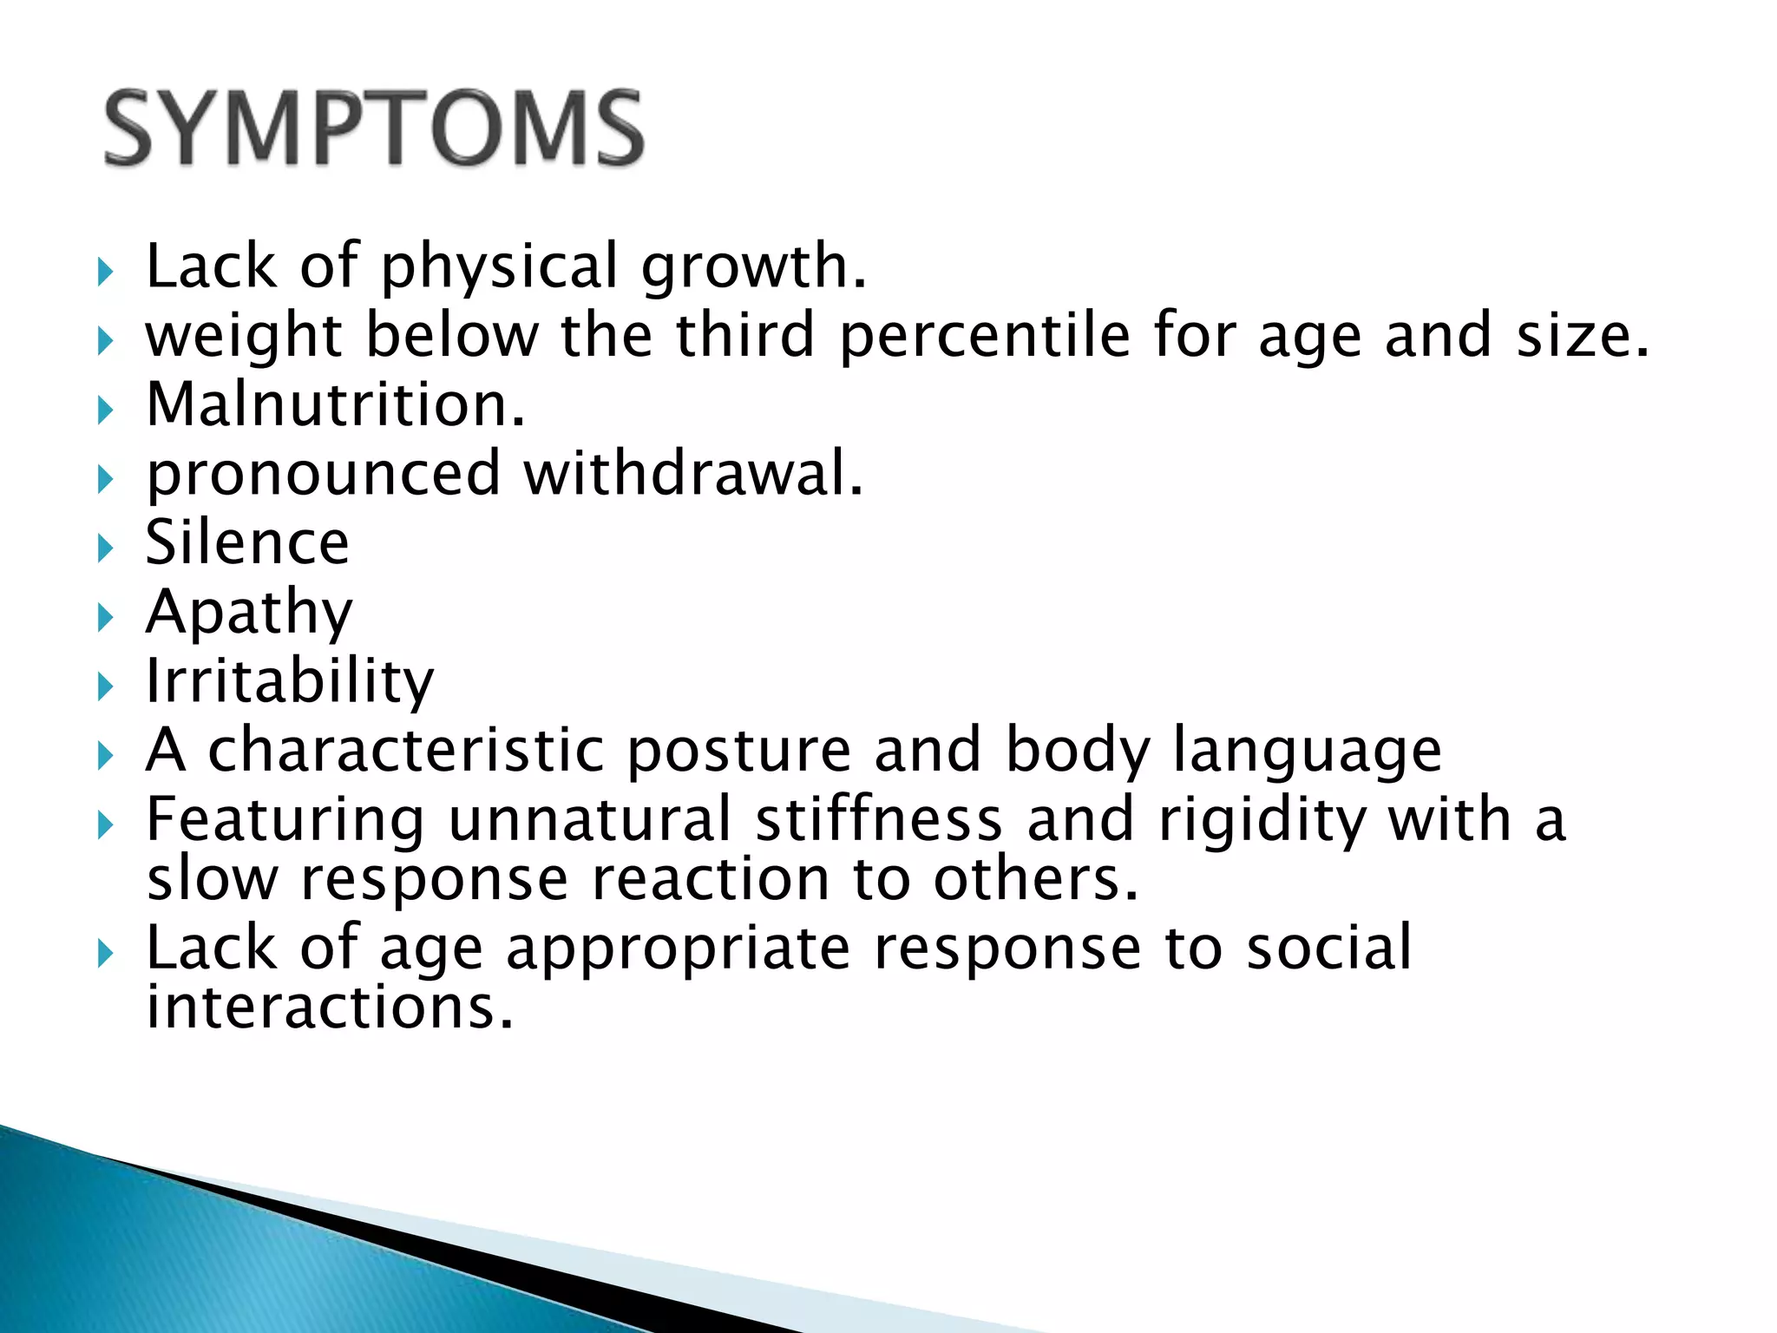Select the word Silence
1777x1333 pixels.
(x=247, y=542)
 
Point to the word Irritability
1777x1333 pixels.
(x=289, y=681)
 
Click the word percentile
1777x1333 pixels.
(x=985, y=336)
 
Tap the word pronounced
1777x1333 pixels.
(x=324, y=476)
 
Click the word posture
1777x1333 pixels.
(x=739, y=751)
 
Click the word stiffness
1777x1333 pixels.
(x=878, y=819)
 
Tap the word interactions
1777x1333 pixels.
(x=330, y=1008)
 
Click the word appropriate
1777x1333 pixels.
(x=678, y=949)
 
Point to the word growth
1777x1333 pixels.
(x=753, y=266)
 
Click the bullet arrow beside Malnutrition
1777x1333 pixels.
(x=106, y=409)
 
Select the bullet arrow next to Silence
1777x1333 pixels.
(x=106, y=548)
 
